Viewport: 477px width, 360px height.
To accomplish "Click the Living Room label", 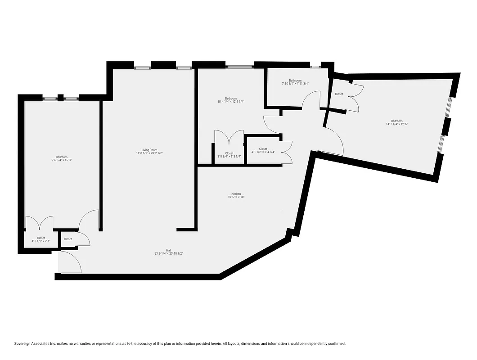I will [x=149, y=150].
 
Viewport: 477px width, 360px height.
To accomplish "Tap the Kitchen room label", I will [x=236, y=194].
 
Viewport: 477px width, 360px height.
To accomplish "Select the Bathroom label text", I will [x=295, y=80].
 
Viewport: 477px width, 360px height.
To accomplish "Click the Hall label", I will [x=168, y=250].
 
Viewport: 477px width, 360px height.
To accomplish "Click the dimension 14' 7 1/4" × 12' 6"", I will [x=396, y=124].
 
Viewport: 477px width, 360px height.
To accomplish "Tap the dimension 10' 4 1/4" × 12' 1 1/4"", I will [x=231, y=102].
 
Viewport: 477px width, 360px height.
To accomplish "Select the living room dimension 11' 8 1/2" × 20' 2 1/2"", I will [x=149, y=153].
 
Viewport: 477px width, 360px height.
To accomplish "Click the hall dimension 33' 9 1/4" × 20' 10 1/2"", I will [x=168, y=254].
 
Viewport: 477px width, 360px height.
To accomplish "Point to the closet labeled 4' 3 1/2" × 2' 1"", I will [x=41, y=241].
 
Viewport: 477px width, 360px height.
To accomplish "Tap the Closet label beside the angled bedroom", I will [x=339, y=94].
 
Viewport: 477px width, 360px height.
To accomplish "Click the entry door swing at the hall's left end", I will [x=71, y=262].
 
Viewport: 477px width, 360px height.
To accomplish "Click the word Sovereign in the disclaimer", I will [x=24, y=343].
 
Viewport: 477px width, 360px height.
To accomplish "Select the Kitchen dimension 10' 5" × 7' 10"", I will [x=236, y=197].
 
